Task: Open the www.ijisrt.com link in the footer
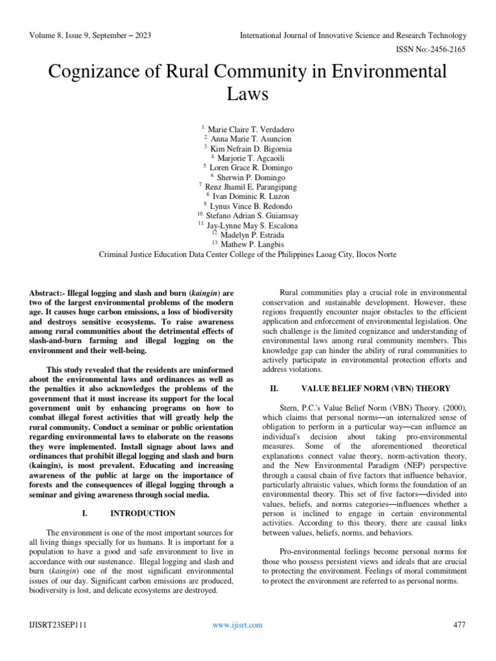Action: [238, 625]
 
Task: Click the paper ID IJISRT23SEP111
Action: [57, 625]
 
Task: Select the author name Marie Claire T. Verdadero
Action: [251, 128]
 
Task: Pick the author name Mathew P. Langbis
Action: [252, 245]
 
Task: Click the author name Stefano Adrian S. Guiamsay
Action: [253, 216]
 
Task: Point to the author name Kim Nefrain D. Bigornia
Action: [251, 148]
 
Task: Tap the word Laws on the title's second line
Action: [248, 96]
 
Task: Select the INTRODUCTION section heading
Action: [143, 513]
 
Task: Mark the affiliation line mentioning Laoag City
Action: [247, 254]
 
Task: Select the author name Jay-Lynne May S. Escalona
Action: [252, 225]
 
